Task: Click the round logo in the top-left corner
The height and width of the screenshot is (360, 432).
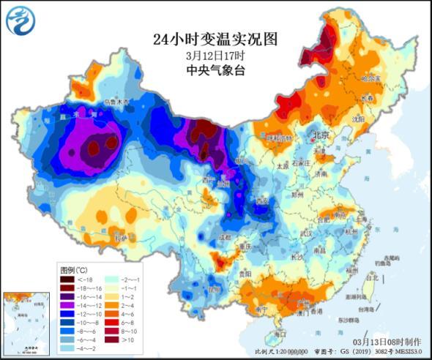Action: click(21, 20)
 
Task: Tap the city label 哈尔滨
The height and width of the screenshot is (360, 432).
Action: click(374, 77)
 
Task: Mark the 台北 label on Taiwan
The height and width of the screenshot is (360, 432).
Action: click(371, 277)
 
